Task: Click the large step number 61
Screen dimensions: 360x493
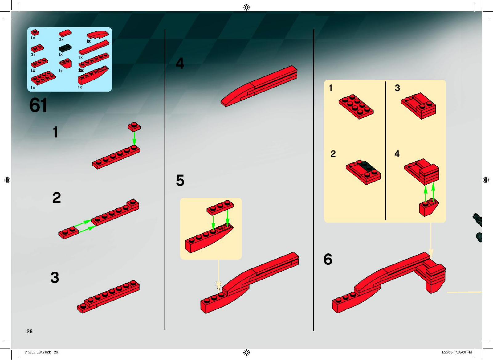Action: [x=38, y=105]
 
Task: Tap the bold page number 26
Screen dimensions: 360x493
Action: [x=29, y=331]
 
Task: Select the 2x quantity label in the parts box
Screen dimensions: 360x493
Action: [x=81, y=71]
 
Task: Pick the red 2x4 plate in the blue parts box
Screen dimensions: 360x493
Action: [x=43, y=78]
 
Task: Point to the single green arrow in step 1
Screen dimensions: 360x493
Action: [x=134, y=138]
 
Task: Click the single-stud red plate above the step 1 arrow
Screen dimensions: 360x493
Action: [x=134, y=126]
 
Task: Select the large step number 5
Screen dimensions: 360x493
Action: [x=180, y=181]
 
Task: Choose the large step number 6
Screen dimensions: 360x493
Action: [x=328, y=259]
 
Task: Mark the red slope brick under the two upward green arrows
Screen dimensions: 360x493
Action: [x=428, y=207]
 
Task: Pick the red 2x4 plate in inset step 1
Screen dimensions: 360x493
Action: [x=356, y=106]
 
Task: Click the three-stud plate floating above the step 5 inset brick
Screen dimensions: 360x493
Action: [x=220, y=207]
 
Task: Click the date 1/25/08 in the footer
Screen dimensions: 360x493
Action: [x=447, y=352]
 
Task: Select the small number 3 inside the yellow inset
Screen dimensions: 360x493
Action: [x=397, y=88]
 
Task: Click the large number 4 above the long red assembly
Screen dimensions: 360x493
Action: [x=180, y=64]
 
